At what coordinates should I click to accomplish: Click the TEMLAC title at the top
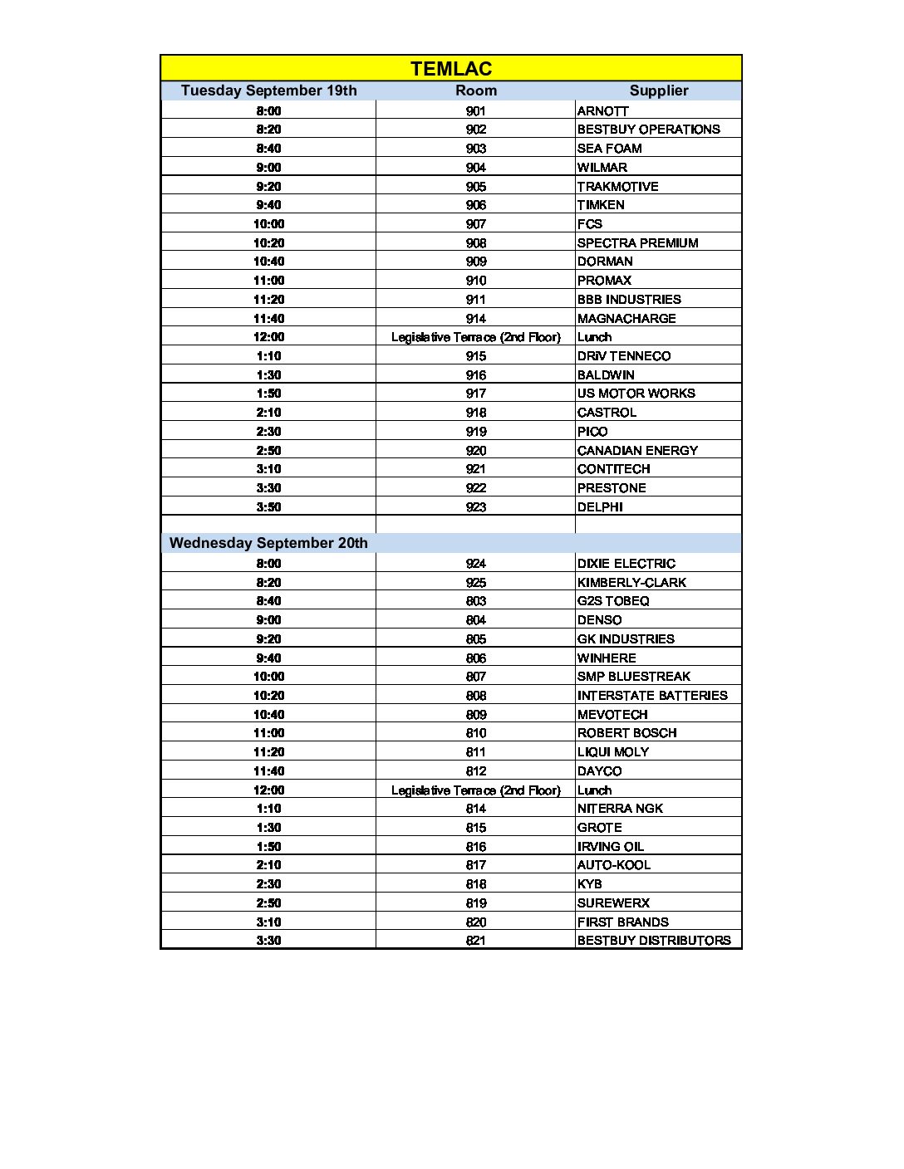coord(451,69)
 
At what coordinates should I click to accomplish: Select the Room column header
coord(476,90)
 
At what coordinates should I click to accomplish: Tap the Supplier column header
coord(659,90)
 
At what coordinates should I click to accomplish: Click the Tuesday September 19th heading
coord(268,90)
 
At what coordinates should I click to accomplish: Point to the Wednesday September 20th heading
coord(268,543)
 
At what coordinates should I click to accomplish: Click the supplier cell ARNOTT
coord(603,111)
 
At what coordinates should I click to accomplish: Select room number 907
coord(476,224)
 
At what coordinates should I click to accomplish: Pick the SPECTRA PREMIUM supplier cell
coord(637,243)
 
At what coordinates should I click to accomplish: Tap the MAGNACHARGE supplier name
coord(626,319)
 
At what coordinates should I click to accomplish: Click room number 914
coord(476,319)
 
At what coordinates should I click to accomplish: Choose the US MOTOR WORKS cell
coord(636,394)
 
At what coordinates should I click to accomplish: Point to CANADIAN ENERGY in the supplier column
coord(637,451)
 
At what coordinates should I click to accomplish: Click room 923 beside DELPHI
coord(476,507)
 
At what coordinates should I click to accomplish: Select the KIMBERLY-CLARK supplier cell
coord(631,583)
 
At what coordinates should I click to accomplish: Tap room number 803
coord(476,601)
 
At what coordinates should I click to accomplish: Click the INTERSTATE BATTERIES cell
coord(652,696)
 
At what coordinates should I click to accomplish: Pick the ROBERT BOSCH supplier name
coord(626,733)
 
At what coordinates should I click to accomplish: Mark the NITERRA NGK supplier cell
coord(620,809)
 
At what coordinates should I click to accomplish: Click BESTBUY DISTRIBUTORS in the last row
coord(654,941)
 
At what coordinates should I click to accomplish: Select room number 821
coord(476,941)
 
